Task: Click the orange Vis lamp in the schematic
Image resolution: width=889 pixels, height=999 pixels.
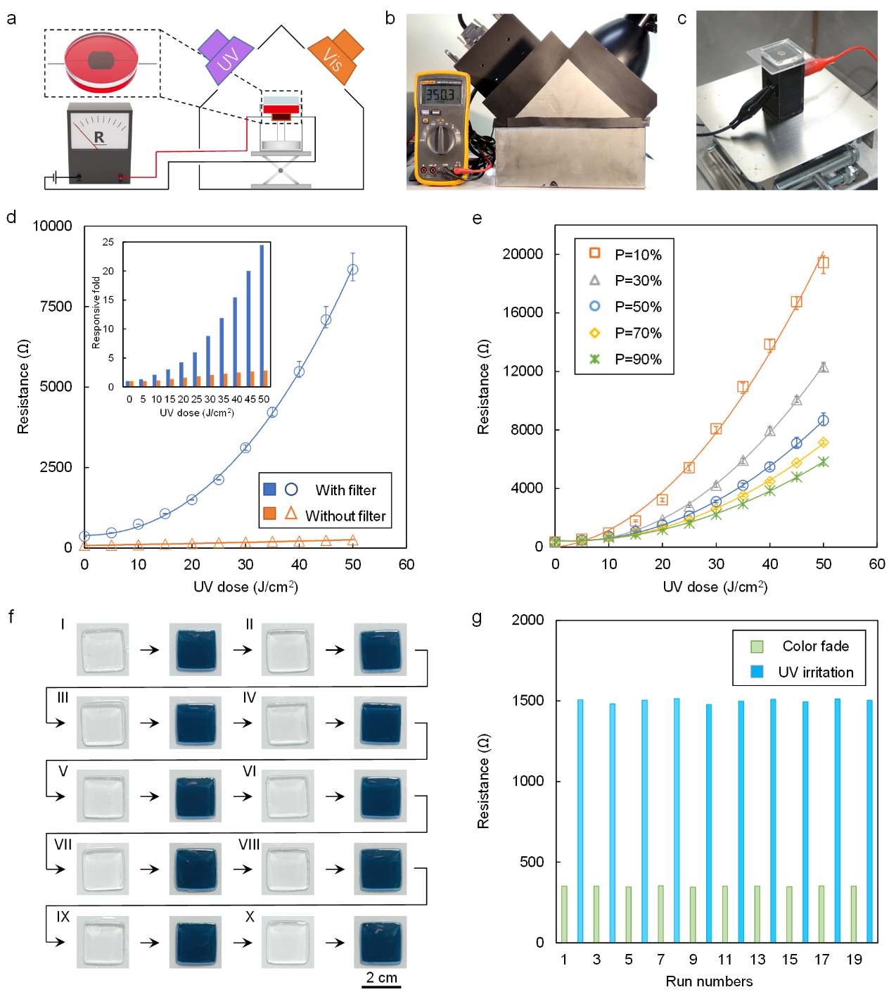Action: [x=336, y=58]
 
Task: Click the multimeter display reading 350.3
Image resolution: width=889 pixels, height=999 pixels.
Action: [x=439, y=94]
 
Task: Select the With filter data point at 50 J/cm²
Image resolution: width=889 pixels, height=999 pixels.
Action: [x=353, y=269]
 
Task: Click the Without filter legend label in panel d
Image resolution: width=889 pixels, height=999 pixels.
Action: [x=345, y=516]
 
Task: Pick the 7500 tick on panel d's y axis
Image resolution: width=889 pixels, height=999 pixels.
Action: [x=56, y=306]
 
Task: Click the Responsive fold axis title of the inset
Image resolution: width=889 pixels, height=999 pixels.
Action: [x=96, y=312]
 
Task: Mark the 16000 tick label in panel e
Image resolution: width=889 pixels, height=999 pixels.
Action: [x=523, y=312]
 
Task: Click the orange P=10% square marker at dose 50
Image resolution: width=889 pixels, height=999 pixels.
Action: [x=823, y=263]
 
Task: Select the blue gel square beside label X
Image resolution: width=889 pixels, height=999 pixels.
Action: [x=380, y=942]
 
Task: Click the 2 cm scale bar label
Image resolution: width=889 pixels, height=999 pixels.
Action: [x=381, y=977]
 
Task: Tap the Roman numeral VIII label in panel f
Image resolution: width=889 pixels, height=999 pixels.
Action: [x=249, y=844]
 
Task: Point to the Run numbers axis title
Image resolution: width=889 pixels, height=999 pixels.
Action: [x=709, y=981]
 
